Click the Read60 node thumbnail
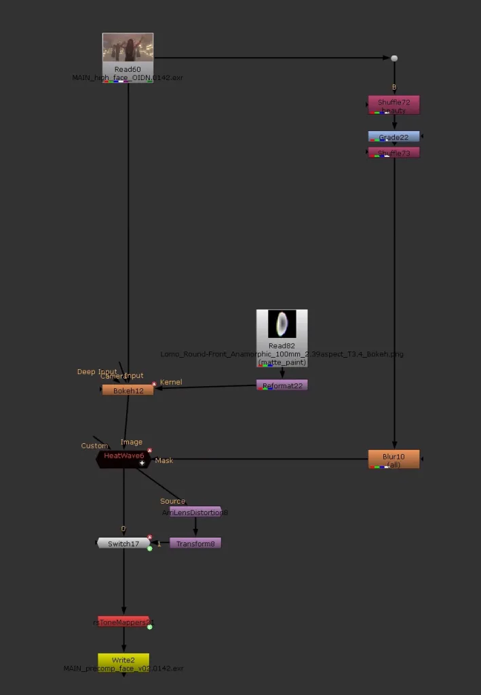click(x=128, y=48)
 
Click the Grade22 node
click(x=393, y=136)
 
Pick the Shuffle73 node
click(x=393, y=153)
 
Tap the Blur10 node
click(x=393, y=459)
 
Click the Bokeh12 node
click(x=128, y=390)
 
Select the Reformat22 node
click(x=282, y=385)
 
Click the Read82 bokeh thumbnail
click(x=282, y=324)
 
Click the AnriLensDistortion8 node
click(x=195, y=512)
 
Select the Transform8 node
click(x=195, y=543)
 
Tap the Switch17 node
click(x=123, y=543)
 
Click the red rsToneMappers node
click(x=123, y=622)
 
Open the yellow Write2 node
click(x=123, y=660)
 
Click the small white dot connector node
click(x=394, y=58)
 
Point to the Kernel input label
click(x=171, y=383)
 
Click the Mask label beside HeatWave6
click(x=163, y=461)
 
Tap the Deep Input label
click(x=96, y=372)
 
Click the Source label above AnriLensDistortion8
click(x=172, y=502)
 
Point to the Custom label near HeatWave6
click(x=94, y=446)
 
